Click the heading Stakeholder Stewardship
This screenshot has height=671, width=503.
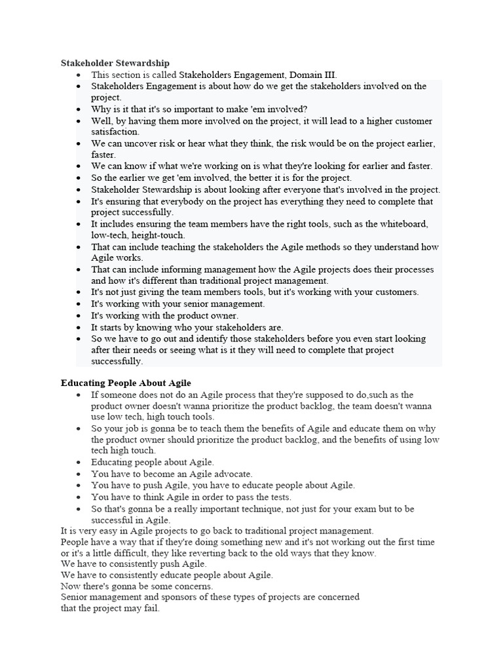click(x=115, y=63)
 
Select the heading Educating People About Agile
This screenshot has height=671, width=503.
click(x=126, y=383)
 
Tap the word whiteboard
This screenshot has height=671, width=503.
click(x=405, y=224)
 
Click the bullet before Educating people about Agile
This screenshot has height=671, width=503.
click(x=78, y=463)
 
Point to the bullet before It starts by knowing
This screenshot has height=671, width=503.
click(x=78, y=328)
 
